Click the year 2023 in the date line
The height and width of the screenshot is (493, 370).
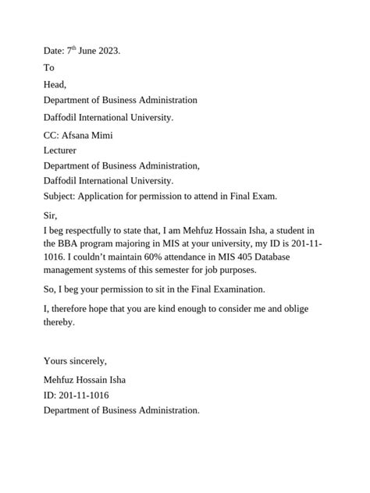click(108, 51)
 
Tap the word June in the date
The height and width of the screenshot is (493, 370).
click(85, 51)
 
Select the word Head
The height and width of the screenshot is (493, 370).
click(55, 84)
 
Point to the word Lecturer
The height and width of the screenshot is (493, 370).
click(60, 150)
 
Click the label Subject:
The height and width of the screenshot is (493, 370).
click(60, 196)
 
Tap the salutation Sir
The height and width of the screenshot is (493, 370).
click(51, 215)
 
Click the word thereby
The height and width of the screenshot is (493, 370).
click(59, 322)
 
